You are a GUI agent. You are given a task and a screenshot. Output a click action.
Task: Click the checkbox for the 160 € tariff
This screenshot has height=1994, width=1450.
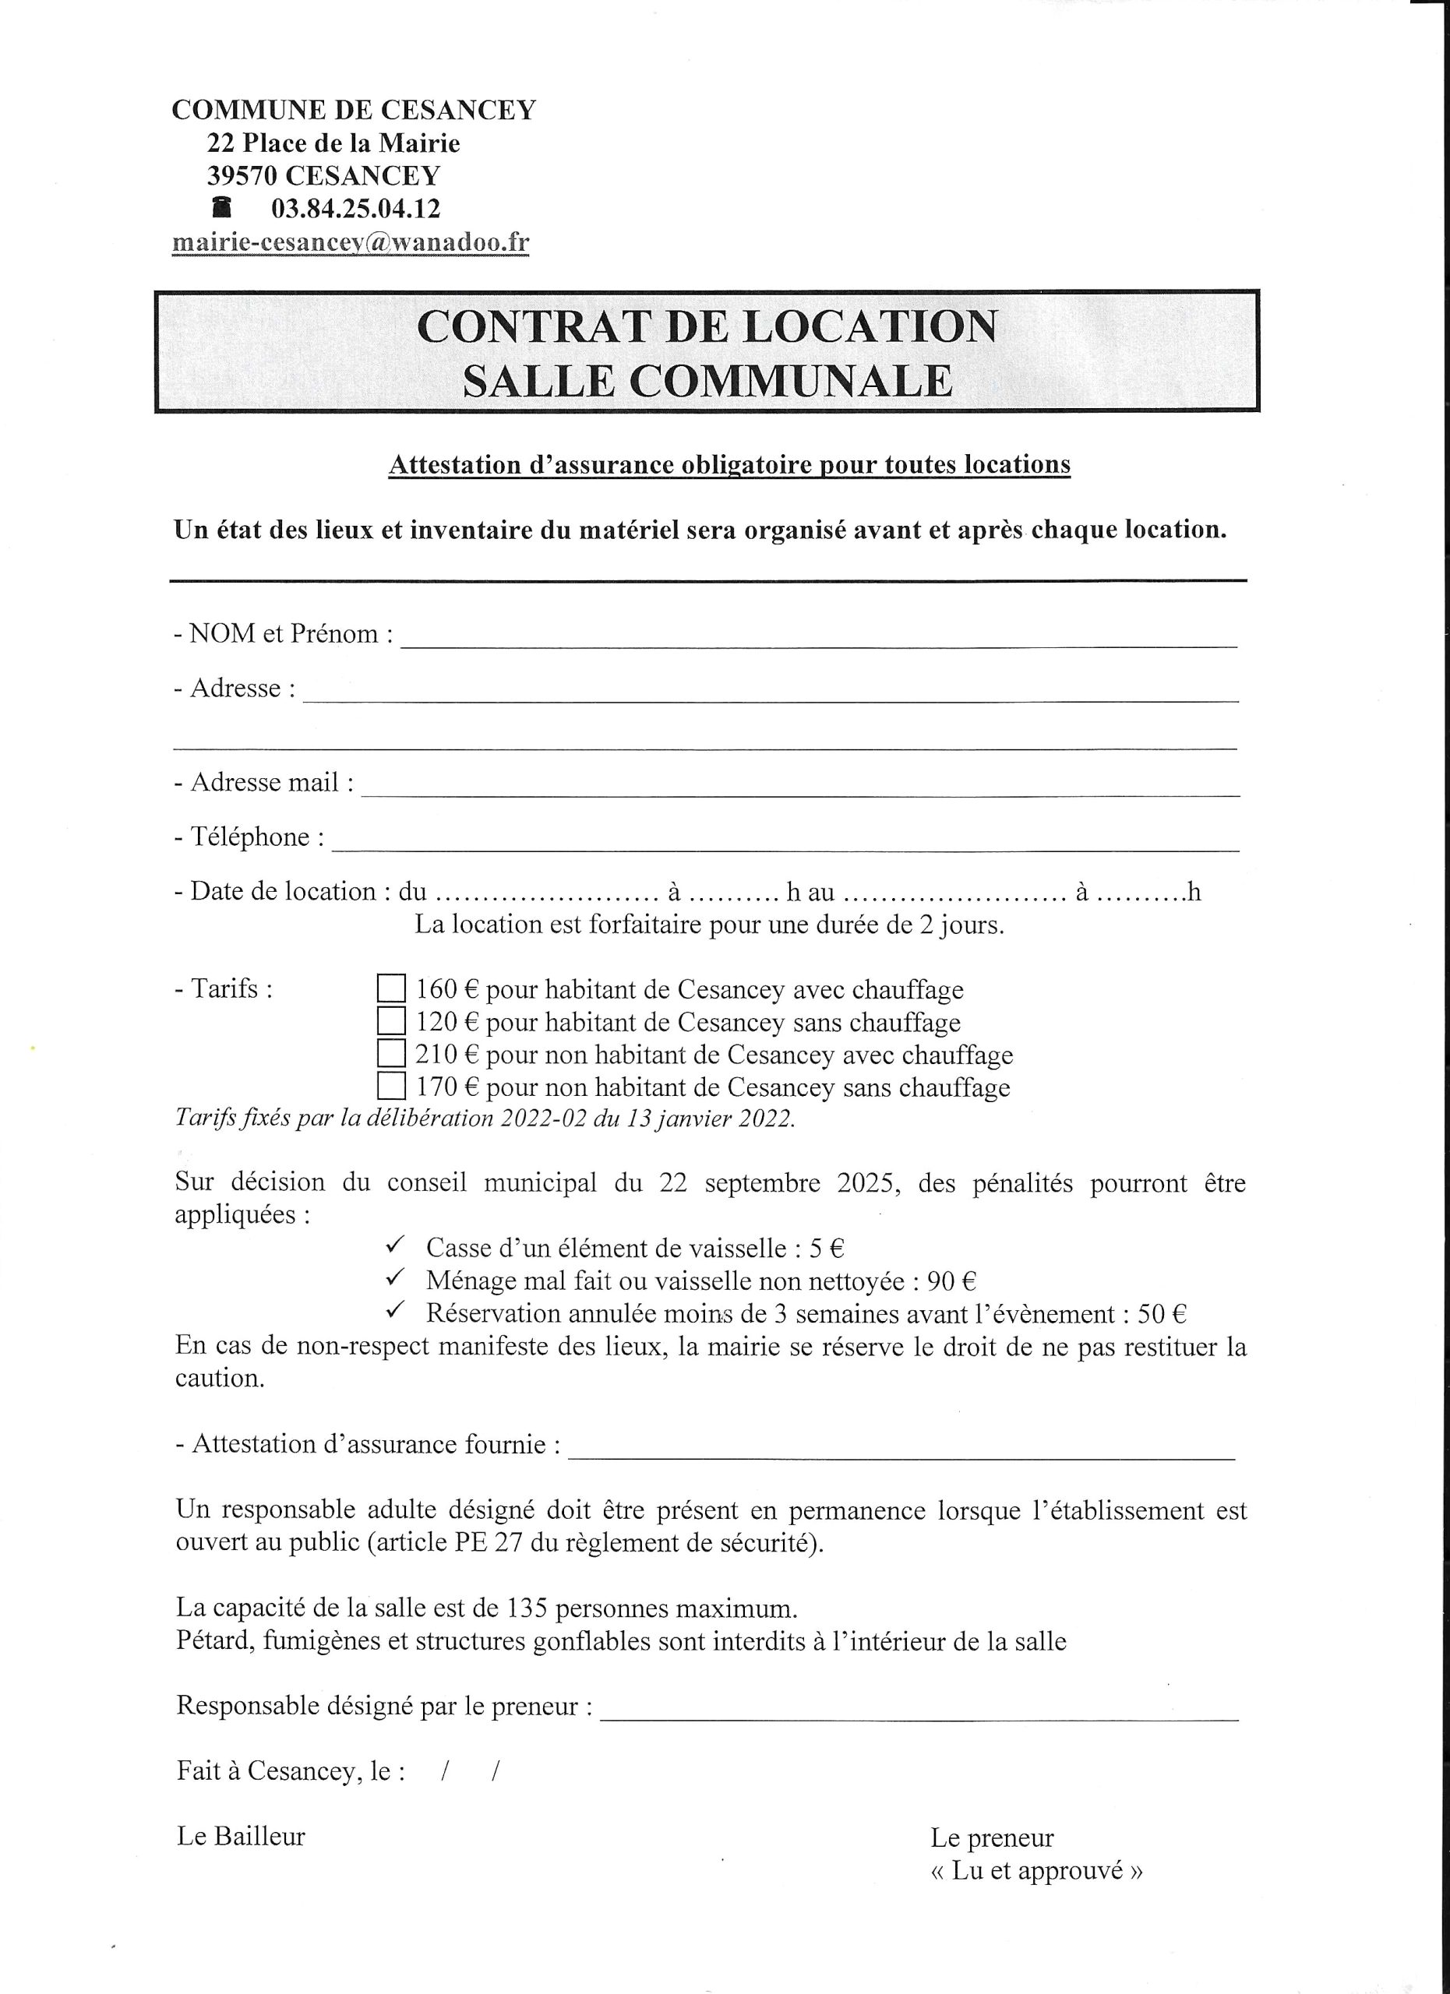pyautogui.click(x=391, y=989)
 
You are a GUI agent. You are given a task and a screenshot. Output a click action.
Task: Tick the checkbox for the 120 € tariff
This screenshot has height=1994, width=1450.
pyautogui.click(x=391, y=1022)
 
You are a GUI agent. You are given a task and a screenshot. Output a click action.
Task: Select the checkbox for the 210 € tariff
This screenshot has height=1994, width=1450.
pyautogui.click(x=391, y=1054)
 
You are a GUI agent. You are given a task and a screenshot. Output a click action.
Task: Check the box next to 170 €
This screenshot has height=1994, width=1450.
pyautogui.click(x=391, y=1087)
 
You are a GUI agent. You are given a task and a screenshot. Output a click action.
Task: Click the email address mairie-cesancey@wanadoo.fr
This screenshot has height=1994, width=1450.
pyautogui.click(x=351, y=243)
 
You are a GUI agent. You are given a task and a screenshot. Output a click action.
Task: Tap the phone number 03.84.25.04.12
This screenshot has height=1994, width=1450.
pyautogui.click(x=356, y=210)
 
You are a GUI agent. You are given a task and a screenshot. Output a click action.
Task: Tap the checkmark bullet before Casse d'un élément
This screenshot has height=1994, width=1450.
pyautogui.click(x=395, y=1245)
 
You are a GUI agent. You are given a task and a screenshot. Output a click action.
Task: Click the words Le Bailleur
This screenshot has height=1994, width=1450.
pyautogui.click(x=241, y=1837)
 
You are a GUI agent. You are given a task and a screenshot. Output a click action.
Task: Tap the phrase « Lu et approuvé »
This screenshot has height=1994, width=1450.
pyautogui.click(x=1037, y=1871)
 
